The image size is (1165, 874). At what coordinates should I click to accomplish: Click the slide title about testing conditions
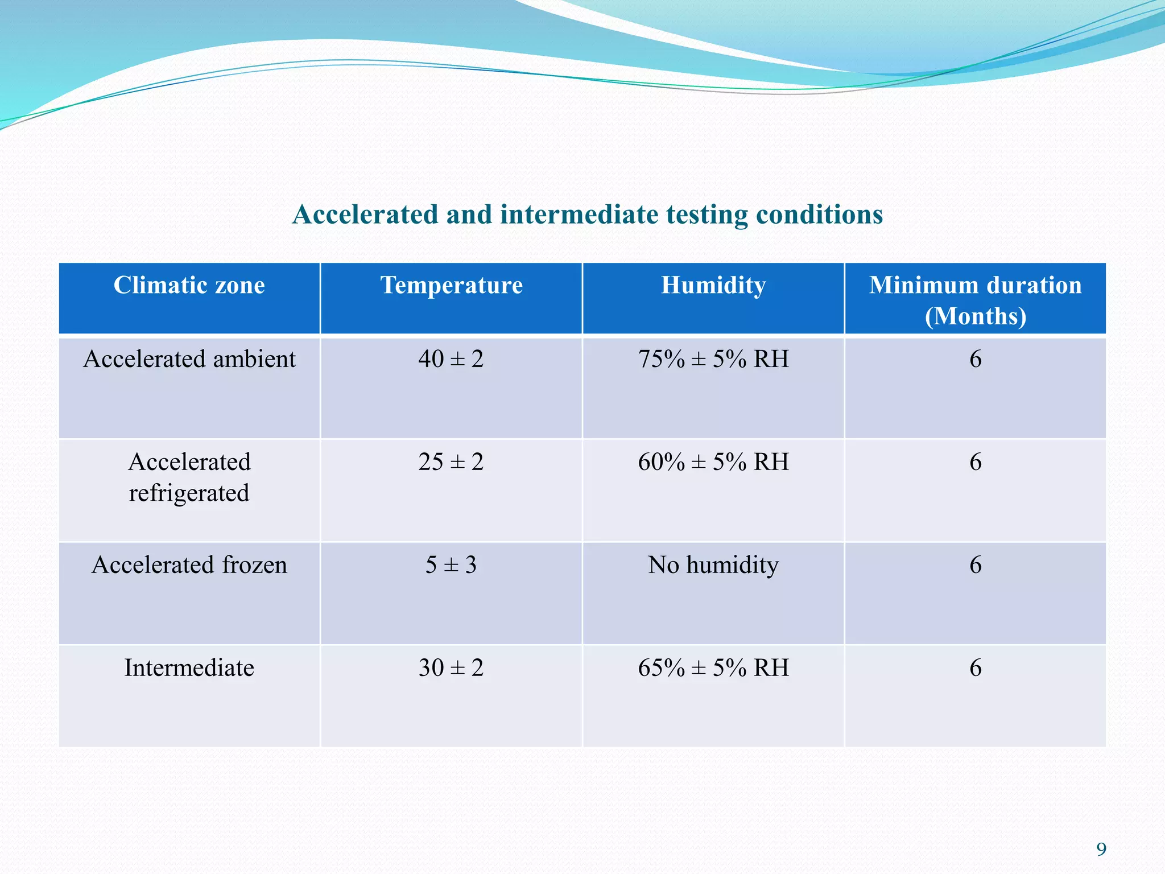click(587, 215)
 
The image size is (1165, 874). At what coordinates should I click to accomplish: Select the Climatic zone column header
click(189, 285)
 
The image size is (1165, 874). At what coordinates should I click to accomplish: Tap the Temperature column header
click(451, 285)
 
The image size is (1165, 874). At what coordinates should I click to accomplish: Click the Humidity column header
click(713, 285)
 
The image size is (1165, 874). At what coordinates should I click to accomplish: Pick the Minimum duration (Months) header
click(975, 300)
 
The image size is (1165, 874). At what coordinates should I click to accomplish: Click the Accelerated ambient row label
click(189, 359)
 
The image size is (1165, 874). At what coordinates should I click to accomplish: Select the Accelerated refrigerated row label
click(189, 477)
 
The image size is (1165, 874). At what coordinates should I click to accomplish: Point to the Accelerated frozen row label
click(189, 565)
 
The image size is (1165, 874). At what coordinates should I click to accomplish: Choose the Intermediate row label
click(189, 667)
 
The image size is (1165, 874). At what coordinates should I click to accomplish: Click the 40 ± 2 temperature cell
click(451, 359)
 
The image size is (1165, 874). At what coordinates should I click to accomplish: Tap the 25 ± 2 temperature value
click(451, 461)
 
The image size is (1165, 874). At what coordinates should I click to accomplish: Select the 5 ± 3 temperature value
click(451, 565)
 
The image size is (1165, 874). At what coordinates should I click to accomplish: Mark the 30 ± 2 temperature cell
click(451, 667)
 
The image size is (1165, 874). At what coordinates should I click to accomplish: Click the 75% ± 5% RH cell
click(713, 359)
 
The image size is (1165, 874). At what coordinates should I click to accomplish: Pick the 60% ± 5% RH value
click(713, 461)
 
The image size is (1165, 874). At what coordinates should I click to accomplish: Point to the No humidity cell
click(713, 565)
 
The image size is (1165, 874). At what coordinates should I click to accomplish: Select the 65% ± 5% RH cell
click(713, 667)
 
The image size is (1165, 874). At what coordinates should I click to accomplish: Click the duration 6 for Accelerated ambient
click(975, 359)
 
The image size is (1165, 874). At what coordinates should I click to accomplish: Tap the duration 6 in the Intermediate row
click(975, 667)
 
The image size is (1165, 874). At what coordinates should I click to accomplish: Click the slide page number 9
click(1101, 850)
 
